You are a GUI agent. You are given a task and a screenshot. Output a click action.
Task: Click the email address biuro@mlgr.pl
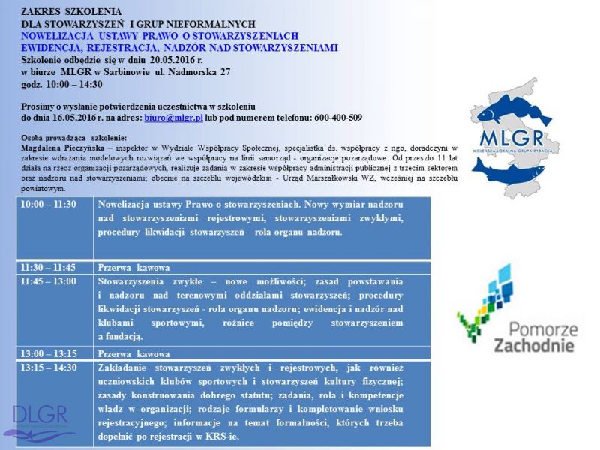click(x=172, y=118)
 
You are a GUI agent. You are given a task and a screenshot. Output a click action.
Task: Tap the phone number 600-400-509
click(x=336, y=118)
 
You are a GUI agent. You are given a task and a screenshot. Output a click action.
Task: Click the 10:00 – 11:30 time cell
click(x=49, y=205)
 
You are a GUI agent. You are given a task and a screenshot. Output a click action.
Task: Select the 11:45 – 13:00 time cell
click(x=49, y=281)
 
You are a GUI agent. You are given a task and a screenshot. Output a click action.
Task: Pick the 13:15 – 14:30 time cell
click(x=49, y=367)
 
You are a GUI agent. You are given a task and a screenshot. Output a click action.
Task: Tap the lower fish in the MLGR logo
click(x=508, y=170)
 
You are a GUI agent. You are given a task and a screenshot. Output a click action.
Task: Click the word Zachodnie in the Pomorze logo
click(x=534, y=345)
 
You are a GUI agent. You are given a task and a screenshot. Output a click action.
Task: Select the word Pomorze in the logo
click(x=543, y=328)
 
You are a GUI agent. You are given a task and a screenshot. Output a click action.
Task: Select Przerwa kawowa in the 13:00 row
click(x=134, y=353)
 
